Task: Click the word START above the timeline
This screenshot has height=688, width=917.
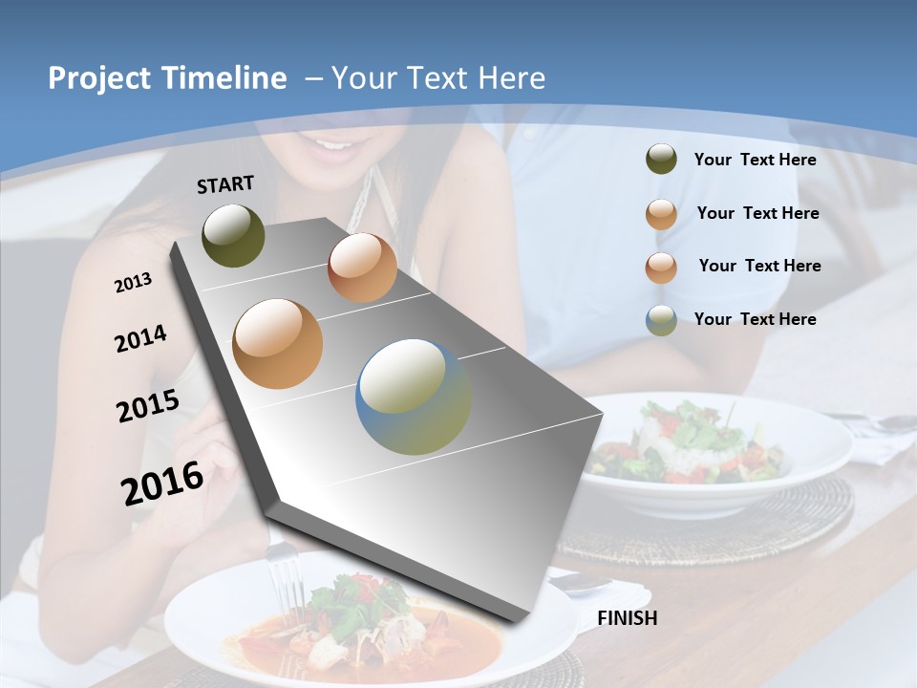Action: coord(225,184)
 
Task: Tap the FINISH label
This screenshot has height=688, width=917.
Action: coord(627,618)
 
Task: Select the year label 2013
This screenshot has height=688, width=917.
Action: coord(133,283)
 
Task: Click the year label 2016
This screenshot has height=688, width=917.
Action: coord(162,484)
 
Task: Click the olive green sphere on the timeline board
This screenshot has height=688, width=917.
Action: coord(233,235)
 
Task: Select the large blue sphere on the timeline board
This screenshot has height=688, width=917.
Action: coord(414,397)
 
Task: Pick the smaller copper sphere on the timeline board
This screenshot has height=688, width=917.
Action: coord(362,268)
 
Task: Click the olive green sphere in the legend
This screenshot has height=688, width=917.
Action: coord(661,160)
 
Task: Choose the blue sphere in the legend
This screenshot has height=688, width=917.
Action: coord(661,320)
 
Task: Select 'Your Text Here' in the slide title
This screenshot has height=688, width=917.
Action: coord(438,78)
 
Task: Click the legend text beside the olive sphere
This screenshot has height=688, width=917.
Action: coord(755,160)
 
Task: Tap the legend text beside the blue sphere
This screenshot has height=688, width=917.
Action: coord(755,319)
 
